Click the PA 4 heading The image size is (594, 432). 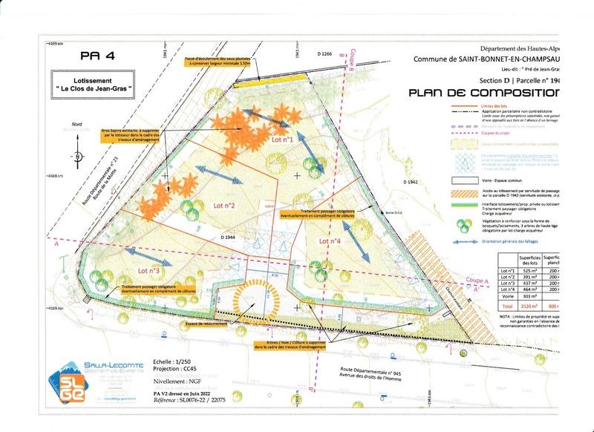[96, 54]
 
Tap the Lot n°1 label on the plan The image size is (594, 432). [283, 139]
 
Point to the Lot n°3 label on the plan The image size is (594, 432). [149, 271]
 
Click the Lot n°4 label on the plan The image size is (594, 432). [330, 241]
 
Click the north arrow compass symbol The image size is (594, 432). [76, 155]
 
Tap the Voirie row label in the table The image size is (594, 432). [509, 296]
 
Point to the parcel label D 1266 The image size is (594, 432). [324, 54]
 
